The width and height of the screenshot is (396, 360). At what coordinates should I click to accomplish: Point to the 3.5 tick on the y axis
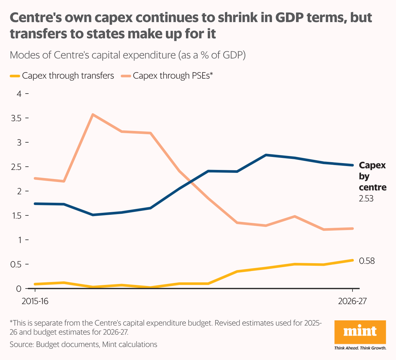(16, 118)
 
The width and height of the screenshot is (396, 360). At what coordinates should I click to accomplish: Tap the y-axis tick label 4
(19, 94)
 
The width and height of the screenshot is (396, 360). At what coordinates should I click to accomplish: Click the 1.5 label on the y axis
(16, 216)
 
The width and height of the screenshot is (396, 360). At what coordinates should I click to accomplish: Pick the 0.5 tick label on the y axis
(16, 264)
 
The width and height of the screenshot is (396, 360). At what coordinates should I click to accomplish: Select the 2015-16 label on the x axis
(35, 301)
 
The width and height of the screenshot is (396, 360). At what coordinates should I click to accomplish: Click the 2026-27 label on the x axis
(352, 301)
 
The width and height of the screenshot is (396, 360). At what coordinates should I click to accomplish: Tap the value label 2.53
(366, 199)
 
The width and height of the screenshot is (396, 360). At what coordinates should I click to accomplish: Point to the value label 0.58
(367, 261)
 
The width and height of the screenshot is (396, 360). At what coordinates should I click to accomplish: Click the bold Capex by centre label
(372, 176)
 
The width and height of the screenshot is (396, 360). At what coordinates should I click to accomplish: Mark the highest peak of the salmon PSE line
(93, 114)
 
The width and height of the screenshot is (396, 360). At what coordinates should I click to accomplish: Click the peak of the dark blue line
(266, 155)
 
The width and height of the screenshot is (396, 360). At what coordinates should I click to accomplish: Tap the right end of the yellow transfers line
(353, 260)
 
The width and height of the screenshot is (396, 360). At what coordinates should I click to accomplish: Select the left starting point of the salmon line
(35, 178)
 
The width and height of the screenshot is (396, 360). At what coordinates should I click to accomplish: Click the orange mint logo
(360, 332)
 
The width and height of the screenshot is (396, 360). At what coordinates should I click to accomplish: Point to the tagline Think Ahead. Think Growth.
(360, 348)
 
